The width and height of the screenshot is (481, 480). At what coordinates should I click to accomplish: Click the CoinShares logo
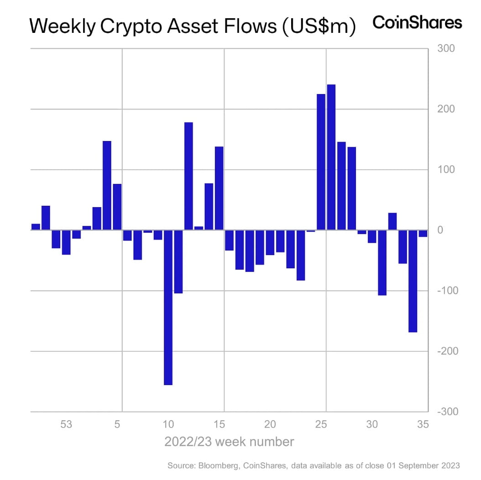tap(417, 22)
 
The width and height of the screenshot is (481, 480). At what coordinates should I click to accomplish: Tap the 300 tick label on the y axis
tap(446, 49)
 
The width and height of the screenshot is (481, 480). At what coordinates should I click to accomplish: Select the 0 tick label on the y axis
tap(440, 230)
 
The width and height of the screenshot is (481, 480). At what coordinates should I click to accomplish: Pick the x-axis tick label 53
tap(66, 425)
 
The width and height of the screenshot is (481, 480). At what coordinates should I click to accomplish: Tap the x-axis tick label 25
tap(321, 425)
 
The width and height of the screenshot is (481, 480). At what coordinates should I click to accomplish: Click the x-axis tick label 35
tap(423, 425)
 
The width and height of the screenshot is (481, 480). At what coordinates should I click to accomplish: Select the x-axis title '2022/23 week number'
tap(229, 442)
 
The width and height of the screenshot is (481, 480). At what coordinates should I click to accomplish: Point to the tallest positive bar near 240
tap(331, 157)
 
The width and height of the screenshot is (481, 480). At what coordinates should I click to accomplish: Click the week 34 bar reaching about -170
tap(413, 281)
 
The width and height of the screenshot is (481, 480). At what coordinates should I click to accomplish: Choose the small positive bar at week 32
tap(392, 221)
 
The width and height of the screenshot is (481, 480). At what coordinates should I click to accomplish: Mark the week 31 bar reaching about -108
tap(382, 262)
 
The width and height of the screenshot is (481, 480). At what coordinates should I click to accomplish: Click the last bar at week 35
tap(423, 234)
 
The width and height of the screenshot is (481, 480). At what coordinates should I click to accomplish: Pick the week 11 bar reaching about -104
tap(178, 261)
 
